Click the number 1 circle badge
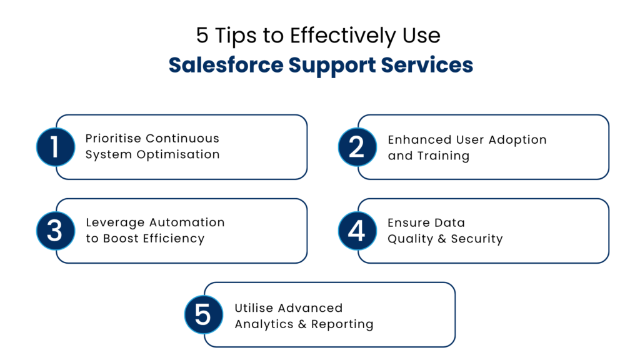[55, 147]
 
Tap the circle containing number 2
[357, 147]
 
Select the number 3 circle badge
[55, 231]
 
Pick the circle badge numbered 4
[357, 231]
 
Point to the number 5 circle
[203, 314]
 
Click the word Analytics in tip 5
[311, 308]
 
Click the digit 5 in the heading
[202, 36]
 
